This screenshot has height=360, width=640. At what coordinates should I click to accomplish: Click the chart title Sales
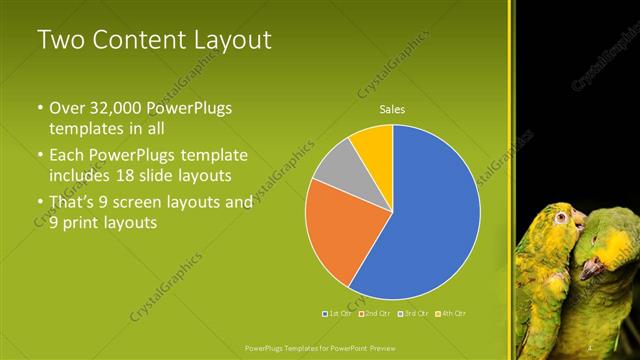[392, 109]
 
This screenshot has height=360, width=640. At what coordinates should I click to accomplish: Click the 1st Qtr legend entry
[336, 313]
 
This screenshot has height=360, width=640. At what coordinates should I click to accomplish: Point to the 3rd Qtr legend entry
[411, 313]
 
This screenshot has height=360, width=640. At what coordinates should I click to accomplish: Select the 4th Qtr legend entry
[449, 313]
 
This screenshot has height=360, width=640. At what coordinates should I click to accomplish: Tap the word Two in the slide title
[58, 40]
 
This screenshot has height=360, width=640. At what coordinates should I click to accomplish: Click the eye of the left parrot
[562, 217]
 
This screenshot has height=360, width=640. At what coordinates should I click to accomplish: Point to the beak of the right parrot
[592, 267]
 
